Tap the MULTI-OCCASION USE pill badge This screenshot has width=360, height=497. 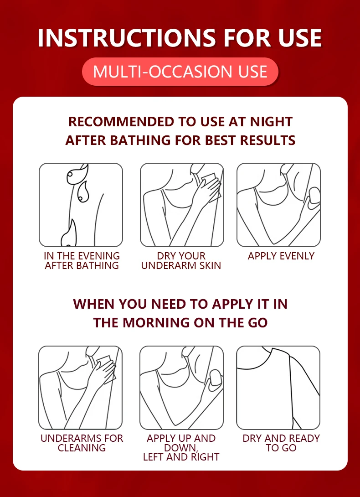(x=180, y=72)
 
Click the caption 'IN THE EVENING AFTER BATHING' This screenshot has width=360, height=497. (x=82, y=260)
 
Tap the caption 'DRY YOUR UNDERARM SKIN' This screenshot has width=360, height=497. (x=181, y=260)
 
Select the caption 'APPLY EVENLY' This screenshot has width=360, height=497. (x=281, y=256)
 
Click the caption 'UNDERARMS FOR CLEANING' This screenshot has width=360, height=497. (x=82, y=443)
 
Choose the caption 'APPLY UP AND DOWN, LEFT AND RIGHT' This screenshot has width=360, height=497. (x=181, y=448)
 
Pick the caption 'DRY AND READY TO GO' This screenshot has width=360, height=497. (x=281, y=443)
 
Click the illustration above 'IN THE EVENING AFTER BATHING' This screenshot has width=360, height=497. (x=81, y=205)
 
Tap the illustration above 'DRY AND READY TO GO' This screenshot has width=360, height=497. (x=278, y=388)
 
